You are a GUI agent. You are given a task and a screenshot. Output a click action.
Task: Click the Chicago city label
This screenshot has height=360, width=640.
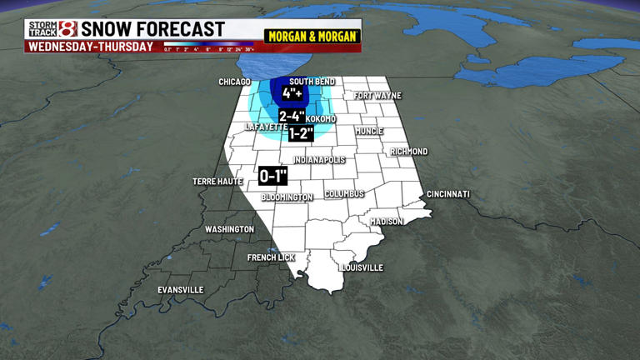(x=234, y=82)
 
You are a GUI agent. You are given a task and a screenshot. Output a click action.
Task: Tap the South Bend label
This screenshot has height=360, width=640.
(x=312, y=82)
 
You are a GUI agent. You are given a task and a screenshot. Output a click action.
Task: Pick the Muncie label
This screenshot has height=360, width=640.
(x=368, y=132)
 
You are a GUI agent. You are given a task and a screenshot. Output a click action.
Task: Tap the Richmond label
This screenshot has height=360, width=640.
(x=409, y=152)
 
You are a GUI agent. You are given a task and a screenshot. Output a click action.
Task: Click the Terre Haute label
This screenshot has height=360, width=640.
(x=217, y=181)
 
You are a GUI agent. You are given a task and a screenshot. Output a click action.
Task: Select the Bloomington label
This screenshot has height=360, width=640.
(x=287, y=197)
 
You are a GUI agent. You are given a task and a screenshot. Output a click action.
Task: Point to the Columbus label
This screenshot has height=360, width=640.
(x=345, y=193)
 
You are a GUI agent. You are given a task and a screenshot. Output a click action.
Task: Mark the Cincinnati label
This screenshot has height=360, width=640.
(x=448, y=194)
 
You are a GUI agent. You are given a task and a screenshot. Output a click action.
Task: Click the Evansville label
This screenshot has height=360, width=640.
(x=181, y=290)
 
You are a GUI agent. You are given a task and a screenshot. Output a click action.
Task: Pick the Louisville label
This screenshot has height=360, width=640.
(x=362, y=267)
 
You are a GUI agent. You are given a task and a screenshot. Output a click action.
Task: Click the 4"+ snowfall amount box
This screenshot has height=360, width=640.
(x=291, y=93)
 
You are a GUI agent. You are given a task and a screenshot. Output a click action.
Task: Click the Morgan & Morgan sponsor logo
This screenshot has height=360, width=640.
(x=312, y=37)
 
